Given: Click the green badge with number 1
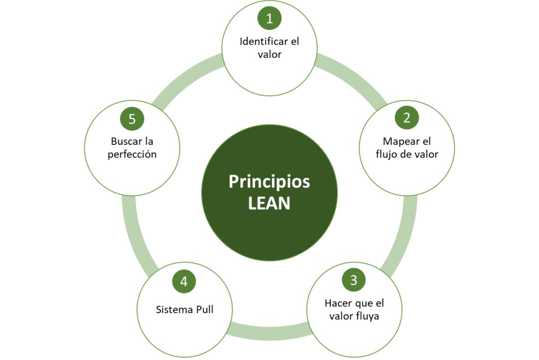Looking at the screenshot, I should click(x=269, y=19).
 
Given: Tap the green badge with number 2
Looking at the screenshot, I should click(x=407, y=118).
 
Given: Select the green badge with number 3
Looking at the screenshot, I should click(x=354, y=280).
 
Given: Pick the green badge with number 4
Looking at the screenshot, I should click(x=184, y=282).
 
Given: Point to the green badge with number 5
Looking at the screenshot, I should click(x=132, y=119).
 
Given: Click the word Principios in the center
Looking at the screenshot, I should click(x=269, y=182).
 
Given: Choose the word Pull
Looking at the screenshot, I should click(x=204, y=310).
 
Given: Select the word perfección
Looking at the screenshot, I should click(x=132, y=154).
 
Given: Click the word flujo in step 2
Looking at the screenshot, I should click(x=386, y=154).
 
